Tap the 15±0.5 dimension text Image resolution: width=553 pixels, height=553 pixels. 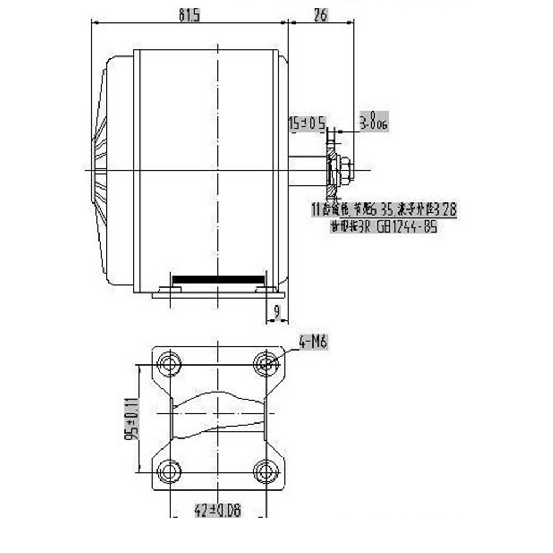[307, 123]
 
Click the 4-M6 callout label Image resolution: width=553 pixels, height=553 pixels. [314, 343]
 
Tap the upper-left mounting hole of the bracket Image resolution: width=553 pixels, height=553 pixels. [169, 363]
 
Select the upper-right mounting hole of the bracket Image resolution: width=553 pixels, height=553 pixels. [267, 363]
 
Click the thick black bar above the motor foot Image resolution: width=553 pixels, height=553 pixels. [218, 280]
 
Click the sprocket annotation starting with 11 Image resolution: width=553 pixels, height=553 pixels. [384, 210]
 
